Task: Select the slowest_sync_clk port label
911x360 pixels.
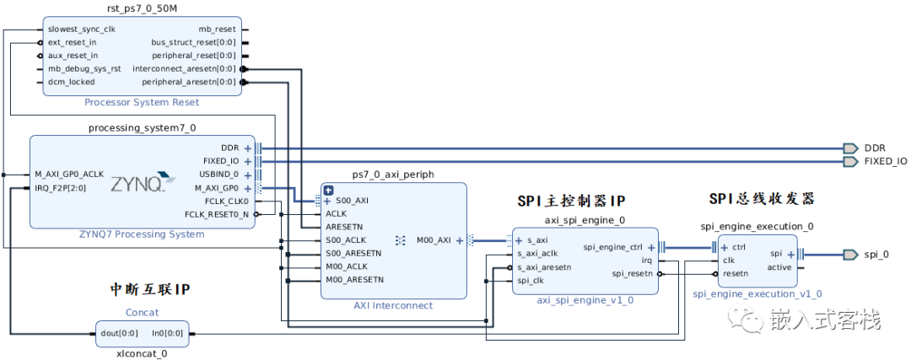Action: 81,29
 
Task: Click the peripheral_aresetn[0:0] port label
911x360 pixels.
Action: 189,82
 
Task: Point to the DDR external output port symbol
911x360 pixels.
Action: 850,148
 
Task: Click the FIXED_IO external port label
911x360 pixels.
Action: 886,161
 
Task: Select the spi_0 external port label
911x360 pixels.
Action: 875,254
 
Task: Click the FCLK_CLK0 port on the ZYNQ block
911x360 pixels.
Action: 227,201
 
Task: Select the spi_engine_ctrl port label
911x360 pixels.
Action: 613,247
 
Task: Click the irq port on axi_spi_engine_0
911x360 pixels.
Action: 646,261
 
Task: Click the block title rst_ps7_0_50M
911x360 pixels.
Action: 142,8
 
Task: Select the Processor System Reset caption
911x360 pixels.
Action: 142,102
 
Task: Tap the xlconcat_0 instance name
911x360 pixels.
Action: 141,353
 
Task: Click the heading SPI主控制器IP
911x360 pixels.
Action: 571,201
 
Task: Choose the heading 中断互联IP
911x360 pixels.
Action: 150,289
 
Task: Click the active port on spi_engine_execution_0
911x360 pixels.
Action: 779,267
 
